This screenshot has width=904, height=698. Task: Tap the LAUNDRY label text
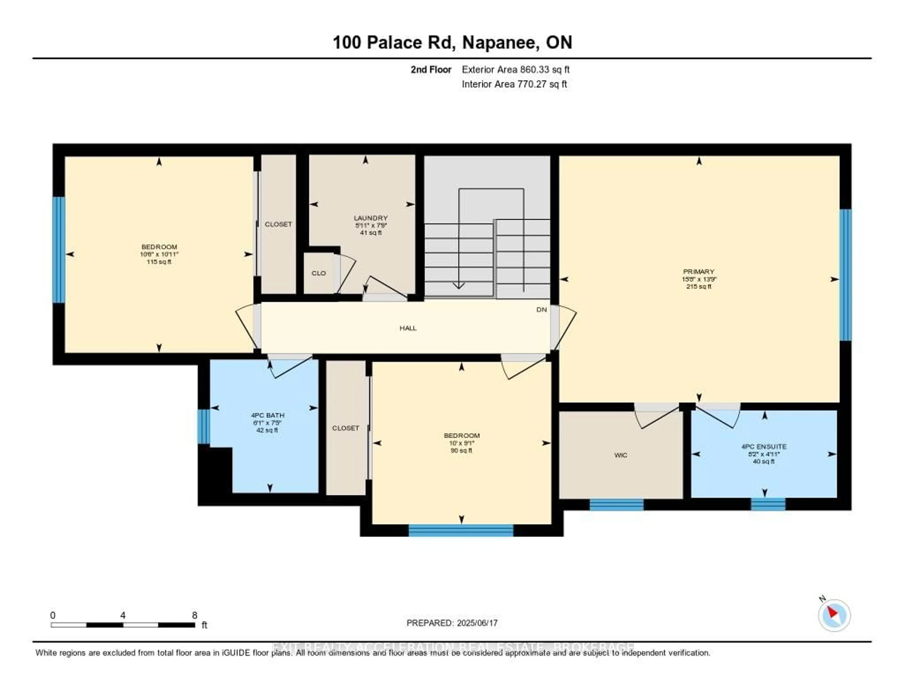click(x=371, y=218)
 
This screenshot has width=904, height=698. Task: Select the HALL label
click(x=408, y=328)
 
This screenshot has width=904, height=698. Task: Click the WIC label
click(x=621, y=455)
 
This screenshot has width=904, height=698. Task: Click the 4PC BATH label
click(x=267, y=415)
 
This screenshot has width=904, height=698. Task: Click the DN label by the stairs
click(x=541, y=309)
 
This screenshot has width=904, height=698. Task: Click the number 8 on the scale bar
click(x=194, y=615)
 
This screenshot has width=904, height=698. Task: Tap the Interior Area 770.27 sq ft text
click(x=514, y=84)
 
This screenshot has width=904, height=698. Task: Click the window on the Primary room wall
click(x=845, y=275)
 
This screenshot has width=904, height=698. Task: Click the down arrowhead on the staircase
click(x=459, y=285)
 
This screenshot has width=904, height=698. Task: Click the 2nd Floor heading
click(x=431, y=69)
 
